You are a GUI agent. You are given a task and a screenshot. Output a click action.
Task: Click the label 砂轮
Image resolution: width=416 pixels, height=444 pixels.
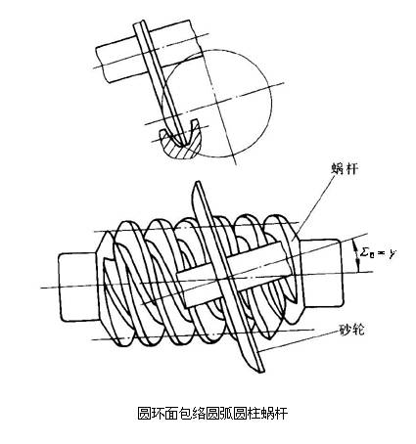350,330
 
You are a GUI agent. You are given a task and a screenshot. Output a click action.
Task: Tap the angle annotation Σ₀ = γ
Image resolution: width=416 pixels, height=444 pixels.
377,252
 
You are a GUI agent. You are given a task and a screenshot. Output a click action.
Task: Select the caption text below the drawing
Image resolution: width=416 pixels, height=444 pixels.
213,414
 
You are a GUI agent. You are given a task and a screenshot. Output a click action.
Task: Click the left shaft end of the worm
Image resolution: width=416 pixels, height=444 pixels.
78,287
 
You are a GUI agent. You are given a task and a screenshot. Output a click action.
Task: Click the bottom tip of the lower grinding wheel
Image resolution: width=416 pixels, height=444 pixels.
262,372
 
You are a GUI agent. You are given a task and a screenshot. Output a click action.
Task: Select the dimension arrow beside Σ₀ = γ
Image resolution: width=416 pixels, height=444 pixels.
357,255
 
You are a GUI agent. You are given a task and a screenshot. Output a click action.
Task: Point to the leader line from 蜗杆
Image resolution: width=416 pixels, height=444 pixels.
313,204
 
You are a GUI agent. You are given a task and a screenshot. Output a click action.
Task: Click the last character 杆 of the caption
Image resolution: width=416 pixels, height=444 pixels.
281,414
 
